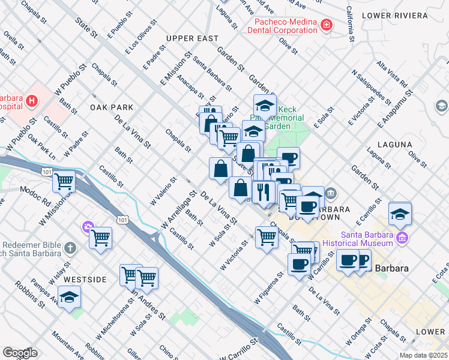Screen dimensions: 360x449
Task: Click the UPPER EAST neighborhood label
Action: [x=192, y=38]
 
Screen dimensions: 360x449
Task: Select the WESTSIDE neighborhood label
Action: [x=85, y=280]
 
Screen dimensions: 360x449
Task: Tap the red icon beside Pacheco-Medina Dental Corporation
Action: [x=326, y=25]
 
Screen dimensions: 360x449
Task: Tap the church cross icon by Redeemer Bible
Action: [x=70, y=247]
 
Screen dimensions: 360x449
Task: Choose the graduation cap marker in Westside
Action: [x=70, y=297]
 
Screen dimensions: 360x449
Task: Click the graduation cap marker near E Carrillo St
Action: [x=400, y=213]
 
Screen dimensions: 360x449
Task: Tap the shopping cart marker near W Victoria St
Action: [x=267, y=237]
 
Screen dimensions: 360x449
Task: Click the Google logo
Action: [x=20, y=353]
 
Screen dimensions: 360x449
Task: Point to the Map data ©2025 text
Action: [x=423, y=355]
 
